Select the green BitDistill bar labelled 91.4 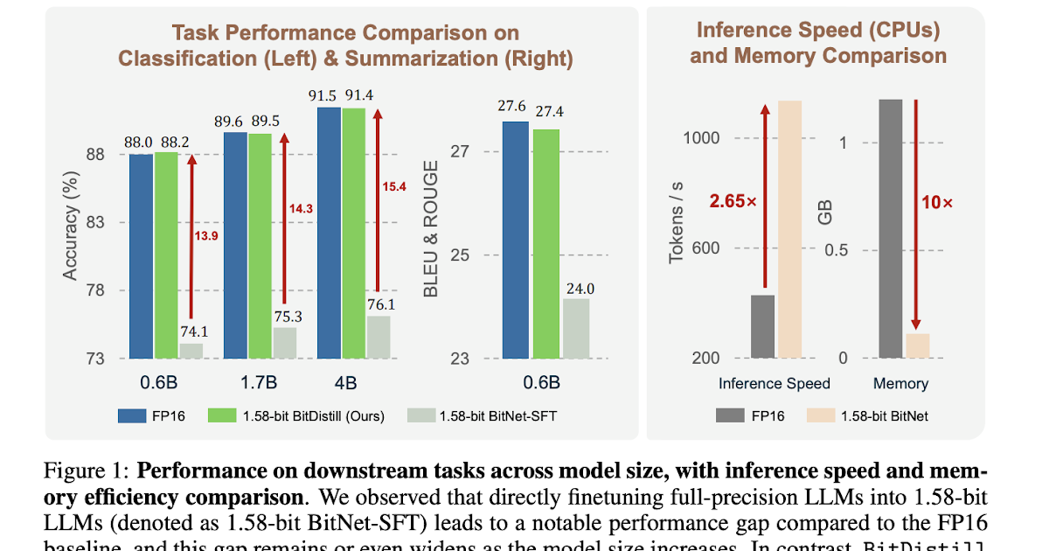[354, 233]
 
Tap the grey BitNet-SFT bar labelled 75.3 [285, 343]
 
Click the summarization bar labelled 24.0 [576, 329]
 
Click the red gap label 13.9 [206, 236]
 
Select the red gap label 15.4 [394, 186]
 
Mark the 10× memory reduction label [937, 202]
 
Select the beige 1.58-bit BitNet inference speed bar [790, 229]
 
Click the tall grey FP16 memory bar [890, 228]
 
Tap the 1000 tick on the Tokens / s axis [702, 138]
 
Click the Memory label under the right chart [900, 383]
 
